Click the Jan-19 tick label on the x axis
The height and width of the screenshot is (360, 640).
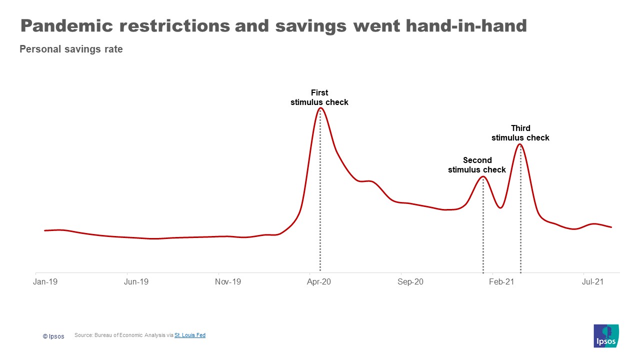pyautogui.click(x=45, y=282)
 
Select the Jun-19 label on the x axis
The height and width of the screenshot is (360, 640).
pyautogui.click(x=136, y=282)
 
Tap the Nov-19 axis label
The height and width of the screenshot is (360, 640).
pyautogui.click(x=228, y=282)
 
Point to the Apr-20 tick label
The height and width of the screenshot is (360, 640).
pyautogui.click(x=318, y=282)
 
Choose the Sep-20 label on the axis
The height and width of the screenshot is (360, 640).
pyautogui.click(x=410, y=282)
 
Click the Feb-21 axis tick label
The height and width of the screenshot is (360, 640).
pyautogui.click(x=501, y=282)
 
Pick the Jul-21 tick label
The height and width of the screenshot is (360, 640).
pyautogui.click(x=592, y=282)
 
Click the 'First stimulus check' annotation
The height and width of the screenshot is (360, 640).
pyautogui.click(x=319, y=97)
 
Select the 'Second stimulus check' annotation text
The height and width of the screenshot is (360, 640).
pyautogui.click(x=477, y=165)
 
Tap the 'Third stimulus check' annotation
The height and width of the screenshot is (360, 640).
pyautogui.click(x=520, y=133)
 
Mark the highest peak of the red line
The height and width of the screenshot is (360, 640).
pyautogui.click(x=320, y=108)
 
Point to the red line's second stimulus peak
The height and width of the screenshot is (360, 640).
pyautogui.click(x=483, y=176)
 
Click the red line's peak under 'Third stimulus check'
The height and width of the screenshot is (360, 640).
pyautogui.click(x=520, y=144)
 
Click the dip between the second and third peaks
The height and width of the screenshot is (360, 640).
pyautogui.click(x=500, y=207)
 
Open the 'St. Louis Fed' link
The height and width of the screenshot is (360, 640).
pyautogui.click(x=190, y=335)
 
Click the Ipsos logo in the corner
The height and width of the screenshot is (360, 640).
pyautogui.click(x=606, y=336)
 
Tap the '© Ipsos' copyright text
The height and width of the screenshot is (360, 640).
pyautogui.click(x=53, y=336)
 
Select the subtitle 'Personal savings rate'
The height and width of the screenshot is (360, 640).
pyautogui.click(x=71, y=49)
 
